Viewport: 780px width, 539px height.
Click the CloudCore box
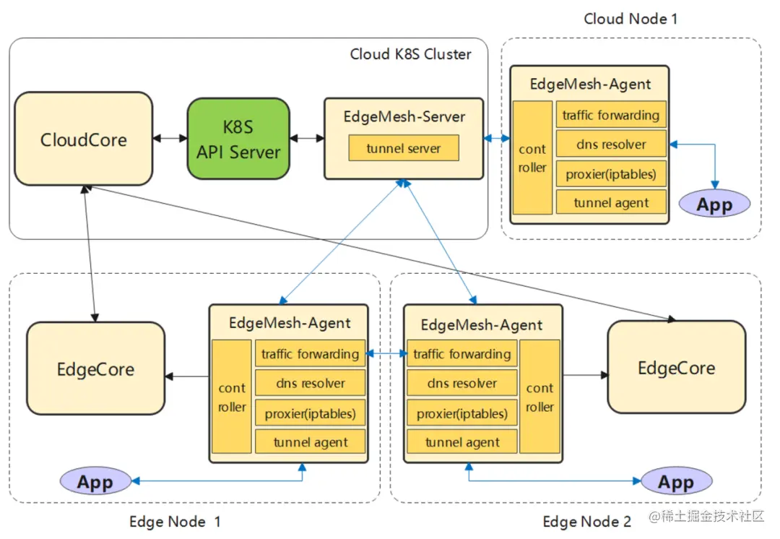coord(84,139)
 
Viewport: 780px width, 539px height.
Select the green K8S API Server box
coord(238,139)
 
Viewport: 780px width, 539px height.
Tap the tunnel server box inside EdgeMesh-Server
coord(403,149)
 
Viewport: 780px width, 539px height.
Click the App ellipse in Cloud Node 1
coord(714,204)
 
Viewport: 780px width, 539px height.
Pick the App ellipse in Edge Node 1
coord(95,482)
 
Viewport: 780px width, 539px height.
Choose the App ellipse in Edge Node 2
coord(676,482)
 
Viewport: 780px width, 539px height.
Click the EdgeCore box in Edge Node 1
coord(95,368)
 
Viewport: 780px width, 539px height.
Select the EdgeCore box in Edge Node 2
coord(676,367)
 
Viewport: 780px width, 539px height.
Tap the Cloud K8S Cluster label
coord(410,54)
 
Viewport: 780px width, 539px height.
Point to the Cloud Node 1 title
coord(630,19)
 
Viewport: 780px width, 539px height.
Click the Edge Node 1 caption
coord(175,522)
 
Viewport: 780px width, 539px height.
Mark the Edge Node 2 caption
coord(586,522)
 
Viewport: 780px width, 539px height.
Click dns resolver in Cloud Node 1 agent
coord(611,145)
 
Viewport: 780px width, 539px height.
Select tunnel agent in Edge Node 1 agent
coord(311,442)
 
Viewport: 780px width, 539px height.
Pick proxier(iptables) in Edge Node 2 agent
coord(462,413)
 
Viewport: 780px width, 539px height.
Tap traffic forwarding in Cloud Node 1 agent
coord(611,115)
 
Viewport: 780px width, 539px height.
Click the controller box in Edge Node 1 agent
coord(232,397)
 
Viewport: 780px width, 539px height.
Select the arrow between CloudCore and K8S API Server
coord(170,137)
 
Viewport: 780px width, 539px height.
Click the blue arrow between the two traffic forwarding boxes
coord(386,354)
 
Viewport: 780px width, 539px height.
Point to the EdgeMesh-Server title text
coord(404,116)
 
